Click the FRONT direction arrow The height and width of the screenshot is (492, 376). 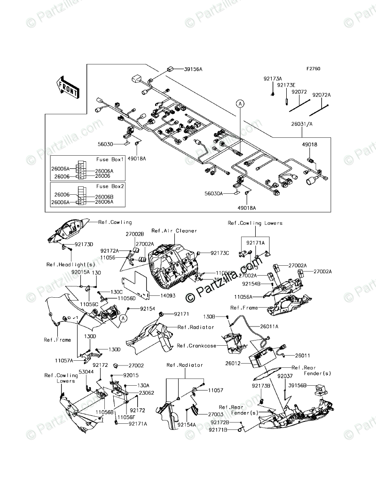(67, 88)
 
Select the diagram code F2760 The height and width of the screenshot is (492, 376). (313, 69)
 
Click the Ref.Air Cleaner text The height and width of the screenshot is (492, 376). (174, 230)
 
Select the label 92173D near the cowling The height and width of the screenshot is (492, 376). (84, 245)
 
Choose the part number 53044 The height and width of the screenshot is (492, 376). (86, 372)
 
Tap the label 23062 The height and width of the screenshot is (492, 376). (147, 392)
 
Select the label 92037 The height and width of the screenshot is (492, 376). (285, 376)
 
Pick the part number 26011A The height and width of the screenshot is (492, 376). (269, 326)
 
